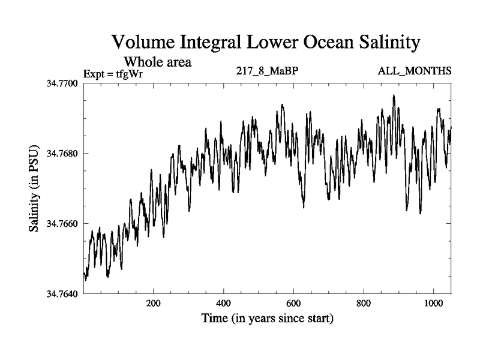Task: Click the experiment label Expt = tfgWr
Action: click(117, 74)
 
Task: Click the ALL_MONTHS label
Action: click(414, 71)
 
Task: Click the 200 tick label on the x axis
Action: click(154, 304)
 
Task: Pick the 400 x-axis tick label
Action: click(224, 304)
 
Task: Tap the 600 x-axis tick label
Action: click(294, 304)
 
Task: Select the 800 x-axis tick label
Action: click(364, 304)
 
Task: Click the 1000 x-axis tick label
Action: click(433, 304)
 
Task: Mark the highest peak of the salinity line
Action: click(394, 95)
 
